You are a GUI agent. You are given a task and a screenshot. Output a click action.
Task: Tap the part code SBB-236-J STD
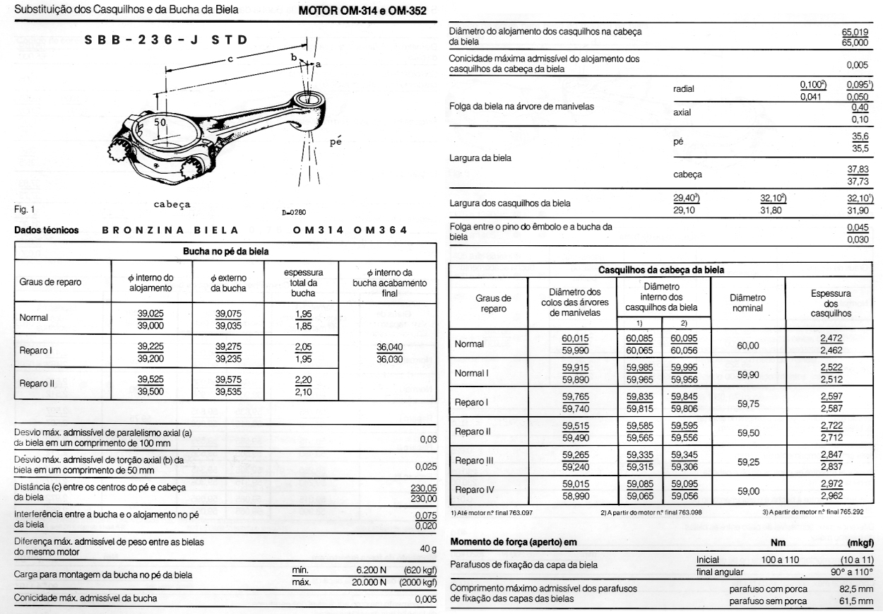(x=167, y=40)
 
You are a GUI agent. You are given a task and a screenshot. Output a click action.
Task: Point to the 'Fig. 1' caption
(x=25, y=210)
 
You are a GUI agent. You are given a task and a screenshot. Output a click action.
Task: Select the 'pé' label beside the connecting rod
(x=336, y=142)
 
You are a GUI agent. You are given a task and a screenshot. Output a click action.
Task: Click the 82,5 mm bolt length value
(x=856, y=587)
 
